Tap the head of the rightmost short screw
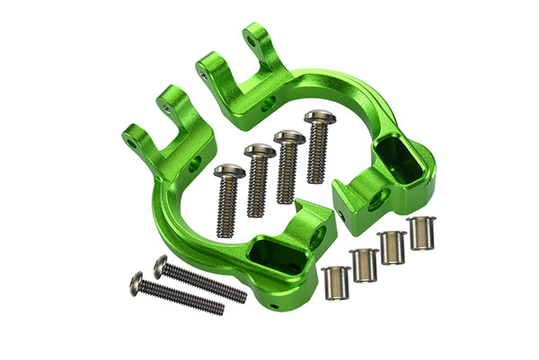click(317, 117)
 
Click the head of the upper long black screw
click(161, 264)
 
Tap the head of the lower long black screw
click(136, 283)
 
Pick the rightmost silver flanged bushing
click(420, 233)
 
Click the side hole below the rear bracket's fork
click(268, 104)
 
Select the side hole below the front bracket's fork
click(194, 164)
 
